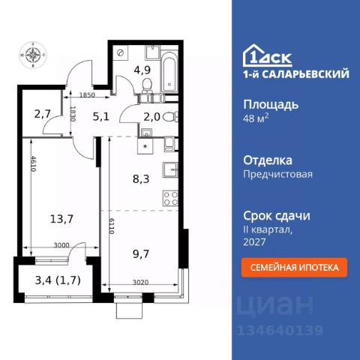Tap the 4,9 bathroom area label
point(142,72)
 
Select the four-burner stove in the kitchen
point(169,200)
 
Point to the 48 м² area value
point(256,120)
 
